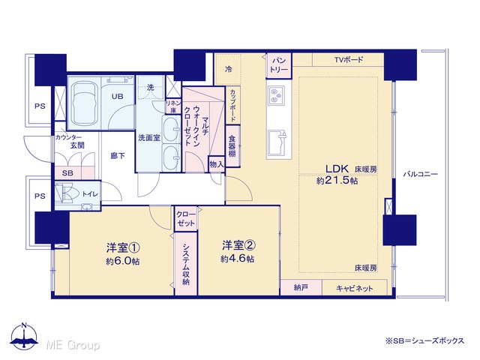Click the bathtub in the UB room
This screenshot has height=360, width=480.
click(x=85, y=103)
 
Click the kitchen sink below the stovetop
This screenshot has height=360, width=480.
click(x=277, y=143)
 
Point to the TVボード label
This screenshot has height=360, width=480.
click(x=348, y=60)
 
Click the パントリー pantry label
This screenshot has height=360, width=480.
click(x=278, y=65)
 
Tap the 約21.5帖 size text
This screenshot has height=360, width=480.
click(x=337, y=181)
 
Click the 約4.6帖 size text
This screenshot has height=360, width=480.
click(x=237, y=259)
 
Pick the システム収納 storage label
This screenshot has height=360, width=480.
click(x=186, y=264)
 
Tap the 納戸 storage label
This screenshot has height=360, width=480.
click(x=301, y=288)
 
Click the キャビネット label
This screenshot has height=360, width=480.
click(x=355, y=288)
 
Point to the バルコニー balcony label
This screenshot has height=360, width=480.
click(x=420, y=175)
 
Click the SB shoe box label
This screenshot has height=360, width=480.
click(x=67, y=173)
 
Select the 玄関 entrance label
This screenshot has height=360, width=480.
click(x=77, y=145)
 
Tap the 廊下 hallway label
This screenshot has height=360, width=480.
click(x=118, y=156)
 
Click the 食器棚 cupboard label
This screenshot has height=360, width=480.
click(x=232, y=146)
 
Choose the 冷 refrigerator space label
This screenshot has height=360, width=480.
click(x=228, y=69)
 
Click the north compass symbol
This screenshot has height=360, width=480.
click(x=24, y=336)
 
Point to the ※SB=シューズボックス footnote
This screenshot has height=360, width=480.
click(x=425, y=340)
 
